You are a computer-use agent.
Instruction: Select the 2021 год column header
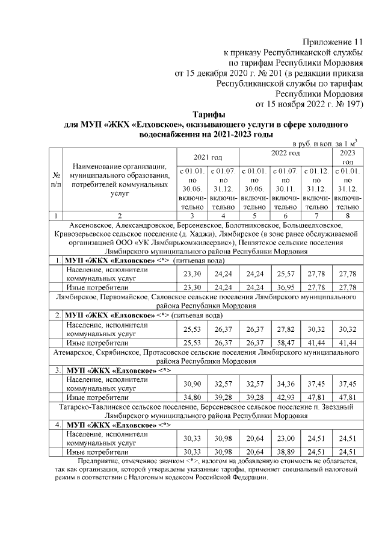pos(208,157)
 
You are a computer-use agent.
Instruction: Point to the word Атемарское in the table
pos(74,352)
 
